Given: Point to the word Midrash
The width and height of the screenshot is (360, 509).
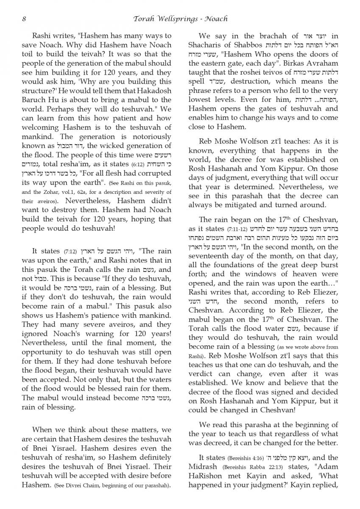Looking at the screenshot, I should (203, 467).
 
